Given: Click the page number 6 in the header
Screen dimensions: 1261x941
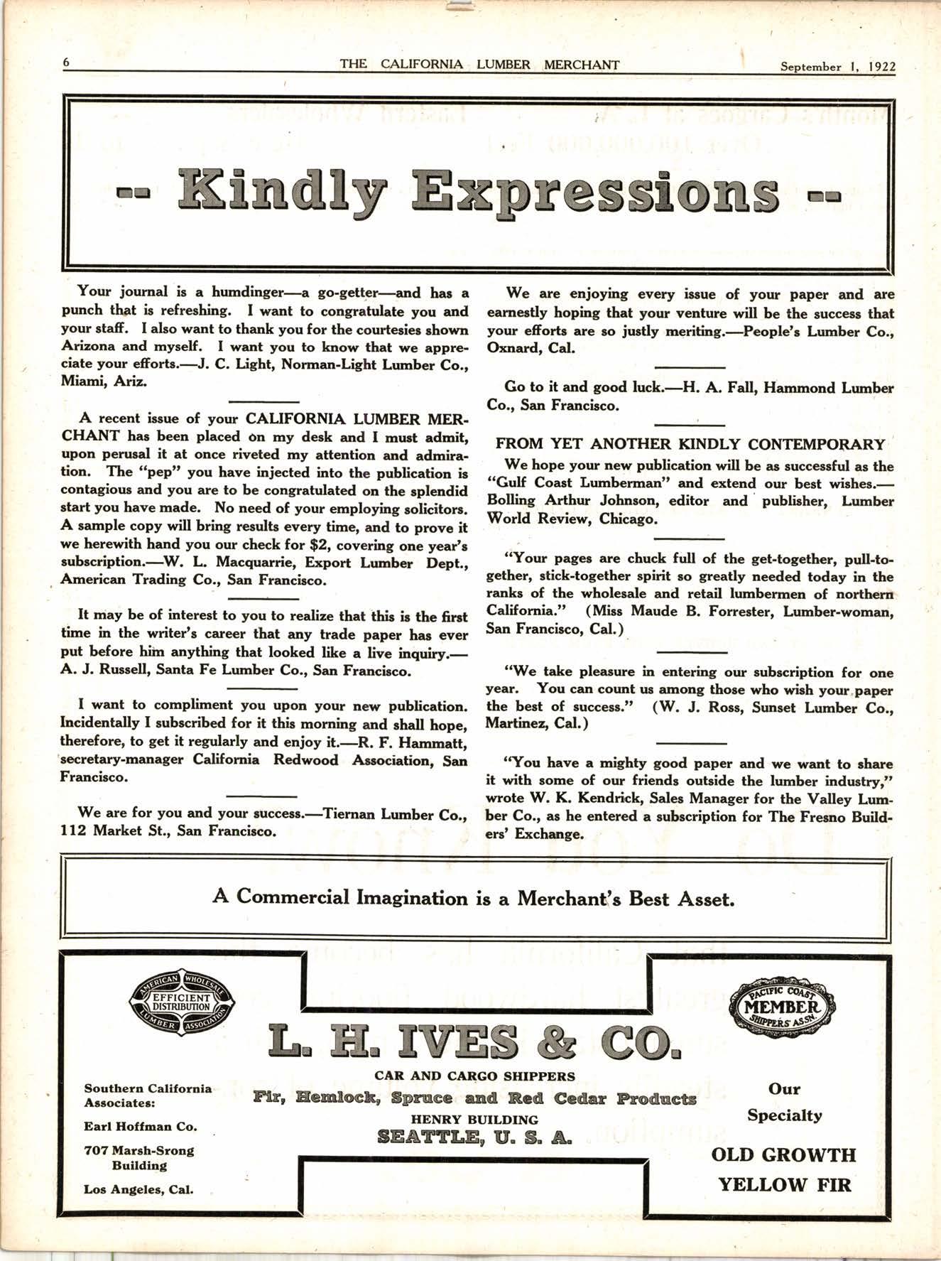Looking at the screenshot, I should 66,63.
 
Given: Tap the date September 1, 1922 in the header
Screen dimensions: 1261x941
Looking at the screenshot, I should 837,67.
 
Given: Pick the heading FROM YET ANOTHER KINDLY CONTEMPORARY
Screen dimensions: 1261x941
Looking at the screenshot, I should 690,445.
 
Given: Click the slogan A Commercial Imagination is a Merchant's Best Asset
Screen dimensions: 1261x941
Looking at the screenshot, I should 473,897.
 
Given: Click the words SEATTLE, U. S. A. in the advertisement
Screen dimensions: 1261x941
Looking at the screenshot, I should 474,1137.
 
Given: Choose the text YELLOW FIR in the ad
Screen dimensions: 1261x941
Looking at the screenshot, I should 784,1184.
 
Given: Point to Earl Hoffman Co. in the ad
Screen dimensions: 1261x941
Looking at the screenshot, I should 141,1127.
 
